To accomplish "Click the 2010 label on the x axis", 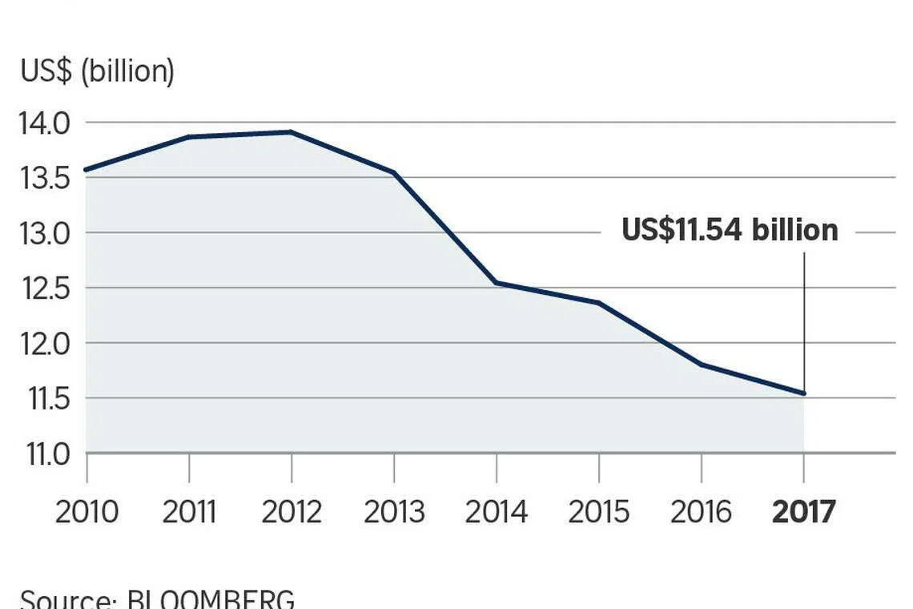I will point(86,511).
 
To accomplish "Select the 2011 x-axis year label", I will point(189,511).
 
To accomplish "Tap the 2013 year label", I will point(394,511).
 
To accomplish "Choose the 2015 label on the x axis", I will point(599,511).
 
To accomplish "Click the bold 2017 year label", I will point(803,511).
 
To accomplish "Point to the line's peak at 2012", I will point(291,132).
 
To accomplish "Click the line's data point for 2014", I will point(497,283).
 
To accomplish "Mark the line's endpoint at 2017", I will point(803,393).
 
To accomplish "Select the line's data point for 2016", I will point(702,365).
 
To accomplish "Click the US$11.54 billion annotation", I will point(730,231).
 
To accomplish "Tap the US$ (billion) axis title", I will point(97,71).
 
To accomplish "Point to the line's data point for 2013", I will point(394,172).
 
